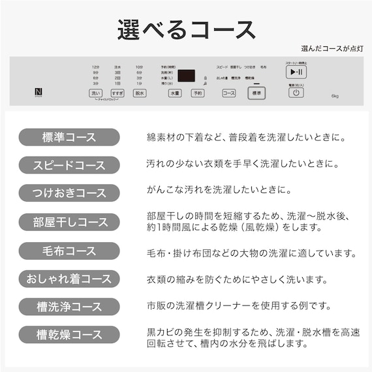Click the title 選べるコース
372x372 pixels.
(x=186, y=30)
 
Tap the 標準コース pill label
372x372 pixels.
(x=69, y=137)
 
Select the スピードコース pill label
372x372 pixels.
(x=69, y=164)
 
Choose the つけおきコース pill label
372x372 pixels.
(x=69, y=193)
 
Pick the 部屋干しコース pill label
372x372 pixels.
(x=69, y=222)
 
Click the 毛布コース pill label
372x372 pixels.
(x=69, y=251)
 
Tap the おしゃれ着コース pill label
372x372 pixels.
(x=69, y=279)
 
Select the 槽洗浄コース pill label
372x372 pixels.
(x=69, y=307)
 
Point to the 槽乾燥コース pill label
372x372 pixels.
(x=69, y=335)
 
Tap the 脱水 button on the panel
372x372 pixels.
(x=139, y=93)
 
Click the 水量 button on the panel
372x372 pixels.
(x=174, y=93)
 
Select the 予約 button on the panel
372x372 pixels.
(x=197, y=93)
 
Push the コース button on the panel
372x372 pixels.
(x=228, y=93)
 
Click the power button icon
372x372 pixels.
(x=296, y=93)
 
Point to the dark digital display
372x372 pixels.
(x=186, y=76)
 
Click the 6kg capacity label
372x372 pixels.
(x=335, y=96)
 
